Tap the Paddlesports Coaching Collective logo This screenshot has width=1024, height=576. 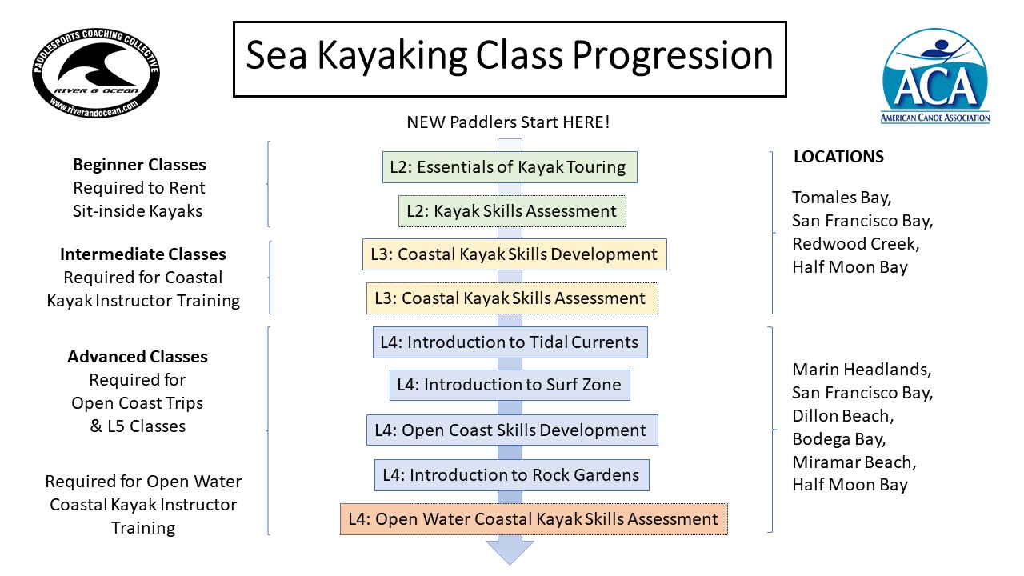96,72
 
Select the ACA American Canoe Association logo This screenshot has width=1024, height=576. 935,76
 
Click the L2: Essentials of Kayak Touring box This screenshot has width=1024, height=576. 510,167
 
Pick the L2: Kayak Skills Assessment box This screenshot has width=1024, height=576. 512,211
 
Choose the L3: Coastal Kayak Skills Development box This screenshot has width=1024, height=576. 514,254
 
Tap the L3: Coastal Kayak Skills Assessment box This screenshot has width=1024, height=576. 512,298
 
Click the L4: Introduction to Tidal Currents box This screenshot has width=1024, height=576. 510,342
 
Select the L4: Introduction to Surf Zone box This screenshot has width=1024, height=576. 510,385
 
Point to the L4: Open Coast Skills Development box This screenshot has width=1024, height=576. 512,430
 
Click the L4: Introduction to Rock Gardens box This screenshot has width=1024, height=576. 511,475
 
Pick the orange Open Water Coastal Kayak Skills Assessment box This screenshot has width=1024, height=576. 534,519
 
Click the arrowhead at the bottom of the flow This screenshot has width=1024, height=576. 510,552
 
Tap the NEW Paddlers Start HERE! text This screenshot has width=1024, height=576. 508,122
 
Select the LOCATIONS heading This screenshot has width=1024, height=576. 839,157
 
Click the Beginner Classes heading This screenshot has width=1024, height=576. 139,165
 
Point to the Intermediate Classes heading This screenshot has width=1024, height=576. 143,254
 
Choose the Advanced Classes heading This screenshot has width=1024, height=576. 138,357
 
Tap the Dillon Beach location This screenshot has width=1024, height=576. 843,416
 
